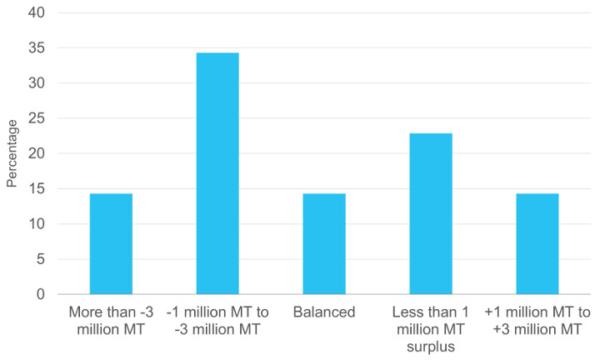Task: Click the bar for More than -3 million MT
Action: click(111, 243)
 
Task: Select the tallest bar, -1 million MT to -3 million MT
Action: click(217, 173)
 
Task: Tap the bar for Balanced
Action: click(324, 243)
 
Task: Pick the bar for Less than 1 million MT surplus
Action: click(431, 213)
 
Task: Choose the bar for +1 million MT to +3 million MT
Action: click(537, 243)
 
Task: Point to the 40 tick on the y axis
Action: click(38, 13)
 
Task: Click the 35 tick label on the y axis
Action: click(38, 48)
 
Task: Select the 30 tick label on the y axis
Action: click(38, 83)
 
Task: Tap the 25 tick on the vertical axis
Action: click(38, 118)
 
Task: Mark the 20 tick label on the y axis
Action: click(38, 154)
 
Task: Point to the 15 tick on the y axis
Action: click(38, 189)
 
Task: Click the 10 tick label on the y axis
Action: click(38, 224)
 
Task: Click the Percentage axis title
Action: click(12, 153)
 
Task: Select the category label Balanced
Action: click(324, 313)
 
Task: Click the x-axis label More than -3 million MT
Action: click(111, 321)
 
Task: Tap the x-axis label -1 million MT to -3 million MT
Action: click(217, 321)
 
